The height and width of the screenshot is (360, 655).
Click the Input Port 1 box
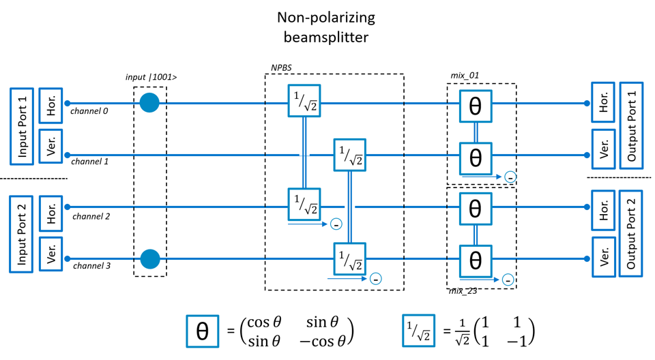tap(22, 125)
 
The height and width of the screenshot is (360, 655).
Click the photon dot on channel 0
tap(149, 104)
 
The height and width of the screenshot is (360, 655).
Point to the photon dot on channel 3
tap(149, 259)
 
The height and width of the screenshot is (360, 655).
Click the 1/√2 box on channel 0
tap(304, 104)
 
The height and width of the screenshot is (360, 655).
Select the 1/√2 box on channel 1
tap(349, 155)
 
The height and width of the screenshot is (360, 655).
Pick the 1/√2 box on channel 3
tap(349, 259)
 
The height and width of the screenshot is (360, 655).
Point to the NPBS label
tap(280, 69)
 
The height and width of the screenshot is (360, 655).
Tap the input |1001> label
tap(151, 78)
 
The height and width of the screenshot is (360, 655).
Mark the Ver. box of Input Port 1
tap(50, 146)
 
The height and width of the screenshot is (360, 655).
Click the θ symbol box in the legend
tap(203, 330)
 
